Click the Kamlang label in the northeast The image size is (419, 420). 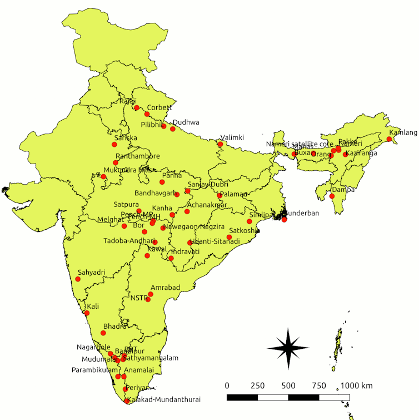(x=403, y=132)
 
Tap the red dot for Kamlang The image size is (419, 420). (x=389, y=139)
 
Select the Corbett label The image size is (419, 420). (x=159, y=108)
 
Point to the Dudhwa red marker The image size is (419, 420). (x=173, y=129)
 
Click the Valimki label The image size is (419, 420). (x=232, y=137)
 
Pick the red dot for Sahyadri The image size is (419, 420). (x=78, y=279)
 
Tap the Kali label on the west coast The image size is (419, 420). (x=93, y=307)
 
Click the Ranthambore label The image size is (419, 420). (x=137, y=156)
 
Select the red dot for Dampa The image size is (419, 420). (x=332, y=196)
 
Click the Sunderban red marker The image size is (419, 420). (x=284, y=220)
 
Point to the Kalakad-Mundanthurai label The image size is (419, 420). (x=162, y=399)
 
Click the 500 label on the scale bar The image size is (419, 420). (x=288, y=386)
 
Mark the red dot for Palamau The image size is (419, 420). (x=220, y=196)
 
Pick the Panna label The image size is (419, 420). (x=171, y=176)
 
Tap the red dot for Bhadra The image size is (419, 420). (x=103, y=333)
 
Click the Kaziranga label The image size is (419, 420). (x=361, y=153)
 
